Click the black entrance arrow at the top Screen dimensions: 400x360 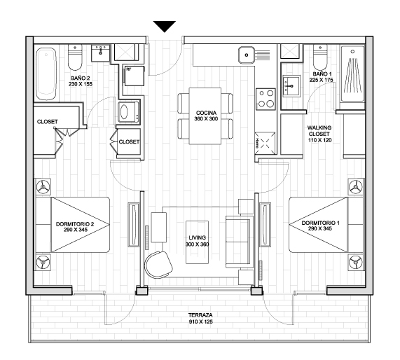coord(165,26)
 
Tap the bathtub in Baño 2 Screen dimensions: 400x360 coord(46,74)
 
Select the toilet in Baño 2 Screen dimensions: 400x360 coord(75,57)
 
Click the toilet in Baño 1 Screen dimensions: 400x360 coord(320,57)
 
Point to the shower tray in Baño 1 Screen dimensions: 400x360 coord(352,74)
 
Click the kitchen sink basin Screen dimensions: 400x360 coord(247,55)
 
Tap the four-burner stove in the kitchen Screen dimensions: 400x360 coord(265,99)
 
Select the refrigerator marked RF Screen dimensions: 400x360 coord(135,76)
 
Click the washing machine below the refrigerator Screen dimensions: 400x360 coord(129,112)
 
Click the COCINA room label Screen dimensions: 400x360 coord(206,113)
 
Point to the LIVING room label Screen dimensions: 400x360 coord(198,238)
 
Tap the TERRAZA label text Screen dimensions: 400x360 coord(200,315)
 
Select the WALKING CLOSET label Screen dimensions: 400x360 coord(319,131)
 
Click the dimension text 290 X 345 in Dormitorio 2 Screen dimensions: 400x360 coord(76,230)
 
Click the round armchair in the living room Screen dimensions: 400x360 coord(158,265)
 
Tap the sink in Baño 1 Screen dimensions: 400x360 coord(291,85)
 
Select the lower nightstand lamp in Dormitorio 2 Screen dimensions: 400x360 coord(43,262)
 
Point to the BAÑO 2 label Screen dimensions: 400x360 coord(81,78)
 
